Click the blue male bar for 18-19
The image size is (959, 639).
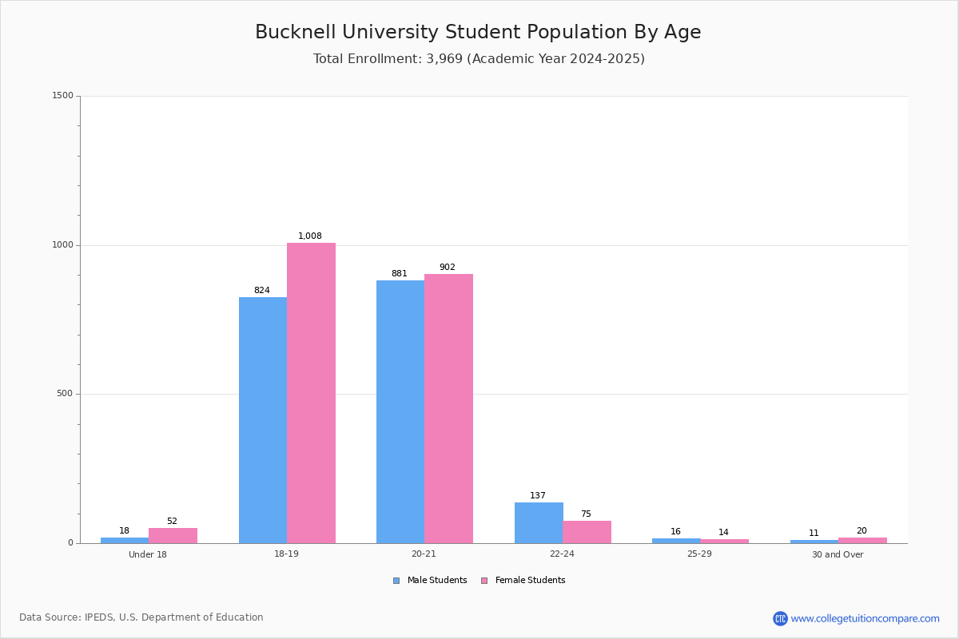pos(263,420)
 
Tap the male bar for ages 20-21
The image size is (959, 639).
pos(400,411)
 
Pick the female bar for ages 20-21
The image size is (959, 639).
pos(448,408)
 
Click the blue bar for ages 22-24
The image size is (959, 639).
pos(539,522)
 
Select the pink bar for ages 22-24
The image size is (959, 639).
pos(587,532)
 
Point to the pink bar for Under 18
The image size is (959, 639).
pos(173,535)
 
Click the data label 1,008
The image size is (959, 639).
pos(310,236)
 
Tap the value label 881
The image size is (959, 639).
pos(399,274)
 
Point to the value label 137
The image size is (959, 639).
pos(538,496)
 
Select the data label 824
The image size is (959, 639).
pos(262,291)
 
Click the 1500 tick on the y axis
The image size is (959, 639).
pos(63,96)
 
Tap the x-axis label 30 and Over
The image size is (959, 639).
pos(838,554)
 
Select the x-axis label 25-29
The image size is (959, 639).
pos(699,554)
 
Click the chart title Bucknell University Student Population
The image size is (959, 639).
pos(478,33)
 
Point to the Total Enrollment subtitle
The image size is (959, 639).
pos(479,59)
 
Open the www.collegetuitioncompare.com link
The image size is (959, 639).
pos(864,618)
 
